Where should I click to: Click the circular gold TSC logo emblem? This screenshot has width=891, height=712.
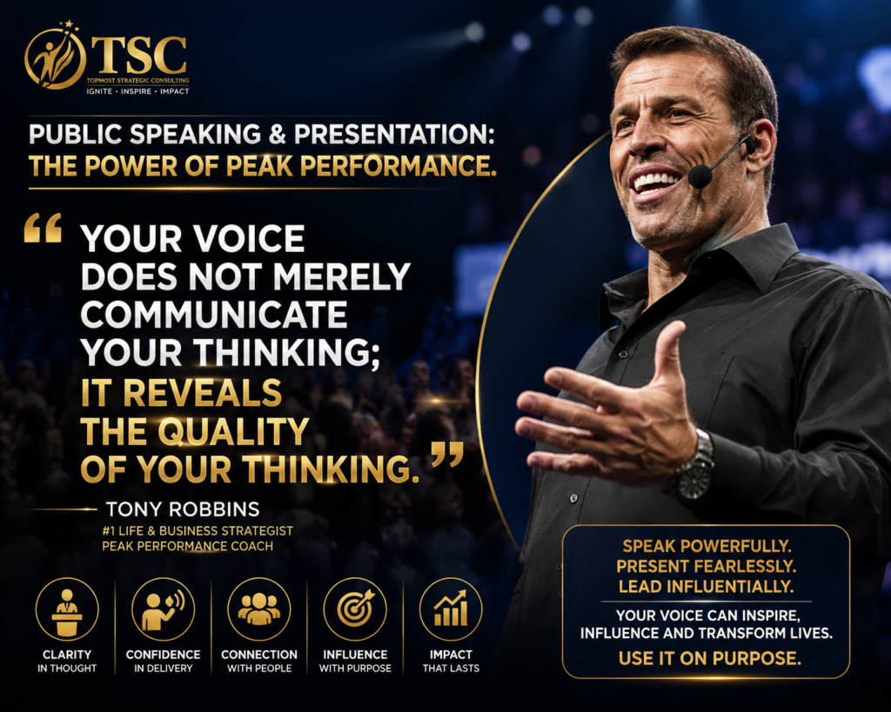click(x=55, y=57)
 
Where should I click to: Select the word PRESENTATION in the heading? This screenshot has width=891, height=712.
click(x=394, y=135)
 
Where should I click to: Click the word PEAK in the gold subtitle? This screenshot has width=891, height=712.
click(x=259, y=166)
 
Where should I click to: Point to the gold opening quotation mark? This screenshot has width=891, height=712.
click(x=43, y=228)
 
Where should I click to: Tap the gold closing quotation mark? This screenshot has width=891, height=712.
click(x=447, y=454)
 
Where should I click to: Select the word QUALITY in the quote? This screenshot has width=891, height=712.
click(x=233, y=432)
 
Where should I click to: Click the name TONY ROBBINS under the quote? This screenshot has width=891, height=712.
click(x=183, y=509)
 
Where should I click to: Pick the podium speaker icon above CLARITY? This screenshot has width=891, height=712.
click(x=67, y=609)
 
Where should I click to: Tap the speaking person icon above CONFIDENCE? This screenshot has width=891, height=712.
click(x=163, y=609)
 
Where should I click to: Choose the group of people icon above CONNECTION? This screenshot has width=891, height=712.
click(x=259, y=609)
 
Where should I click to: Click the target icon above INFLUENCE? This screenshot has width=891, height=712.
click(x=355, y=609)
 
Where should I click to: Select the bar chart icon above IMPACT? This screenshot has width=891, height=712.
click(x=451, y=609)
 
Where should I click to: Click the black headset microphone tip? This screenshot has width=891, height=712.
click(x=700, y=176)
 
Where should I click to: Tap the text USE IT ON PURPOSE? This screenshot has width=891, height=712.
click(x=710, y=659)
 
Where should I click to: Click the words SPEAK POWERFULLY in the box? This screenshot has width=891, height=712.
click(x=707, y=546)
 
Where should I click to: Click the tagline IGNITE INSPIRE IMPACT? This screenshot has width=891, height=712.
click(x=137, y=91)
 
